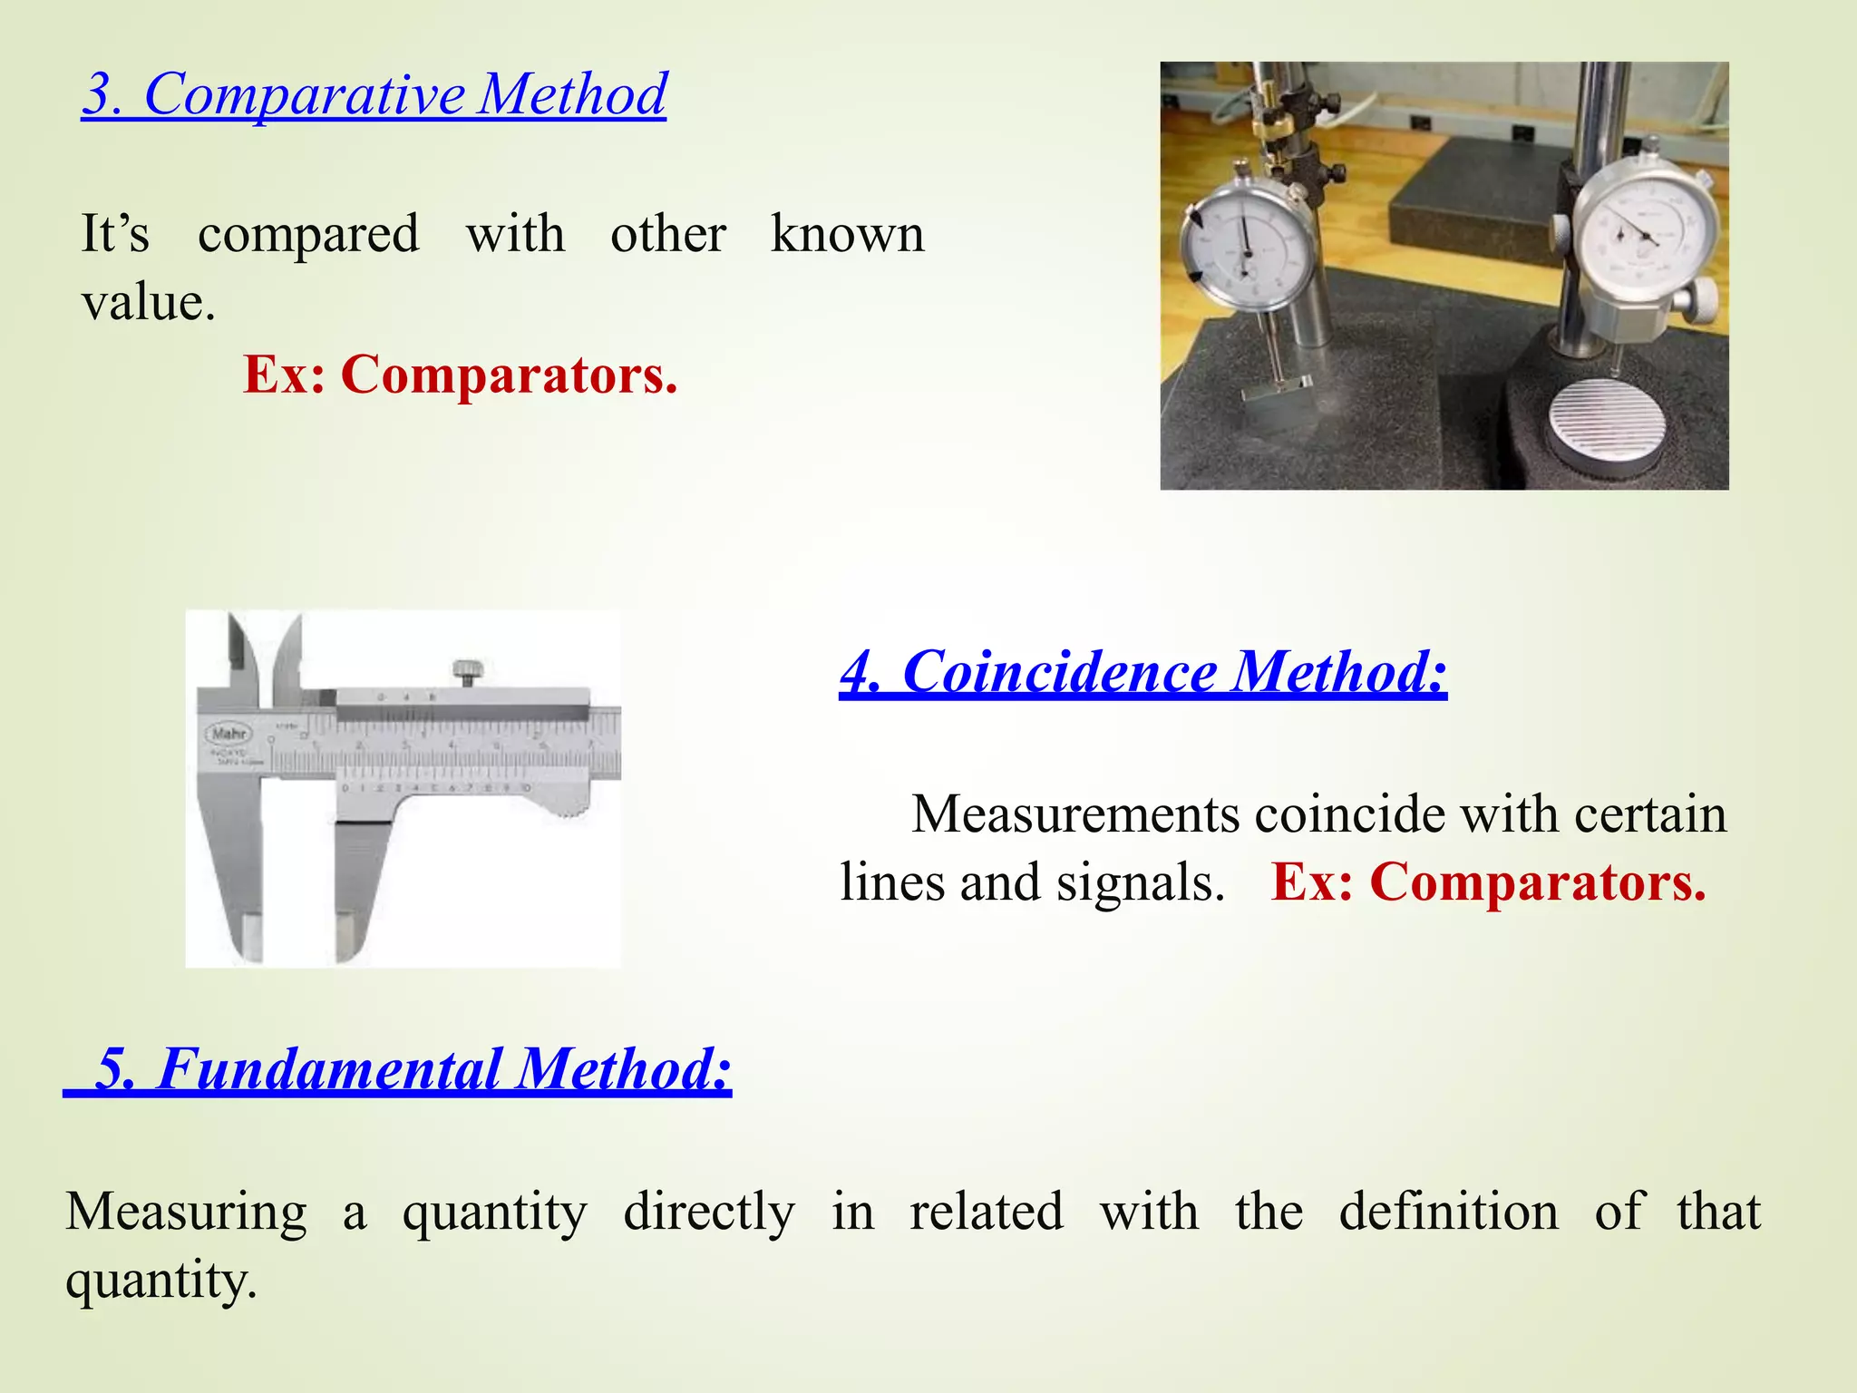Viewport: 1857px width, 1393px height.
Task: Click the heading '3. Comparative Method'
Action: click(x=374, y=93)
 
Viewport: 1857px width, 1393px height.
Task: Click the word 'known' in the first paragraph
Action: click(x=847, y=234)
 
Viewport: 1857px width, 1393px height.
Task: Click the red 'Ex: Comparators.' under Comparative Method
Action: click(x=460, y=375)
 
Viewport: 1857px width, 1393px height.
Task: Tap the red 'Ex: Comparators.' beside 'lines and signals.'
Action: click(x=1488, y=882)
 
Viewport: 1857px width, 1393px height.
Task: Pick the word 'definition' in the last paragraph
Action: click(x=1448, y=1212)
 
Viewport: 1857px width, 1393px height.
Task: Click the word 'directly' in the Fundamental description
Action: click(x=709, y=1212)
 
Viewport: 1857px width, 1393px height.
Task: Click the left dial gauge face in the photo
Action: click(x=1248, y=245)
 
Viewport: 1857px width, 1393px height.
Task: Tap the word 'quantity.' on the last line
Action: click(x=161, y=1281)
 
